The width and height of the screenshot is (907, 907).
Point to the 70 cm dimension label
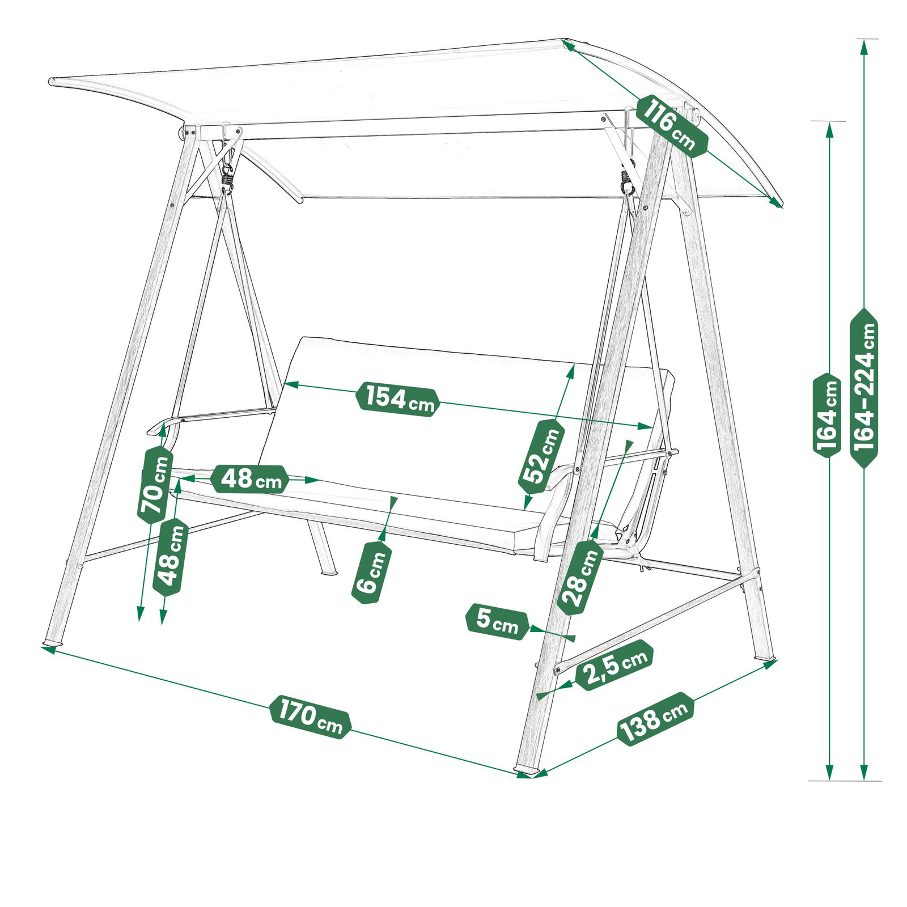(x=155, y=485)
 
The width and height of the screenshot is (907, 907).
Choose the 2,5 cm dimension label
(x=614, y=665)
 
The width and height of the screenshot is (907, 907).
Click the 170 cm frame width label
(x=310, y=717)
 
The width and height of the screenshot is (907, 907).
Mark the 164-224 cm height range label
(x=864, y=388)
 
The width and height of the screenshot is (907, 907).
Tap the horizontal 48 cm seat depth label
(x=249, y=479)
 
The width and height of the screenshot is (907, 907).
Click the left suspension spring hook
(x=227, y=177)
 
